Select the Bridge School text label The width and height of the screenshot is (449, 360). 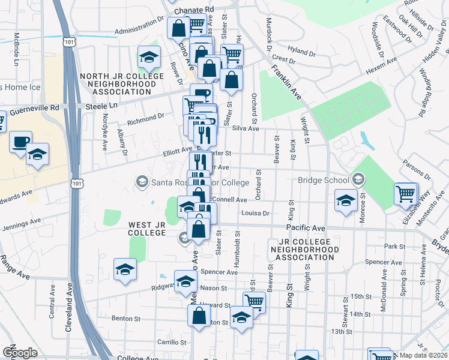323,180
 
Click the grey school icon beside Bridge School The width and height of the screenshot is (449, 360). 358,179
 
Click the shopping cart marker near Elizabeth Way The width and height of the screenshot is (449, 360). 406,194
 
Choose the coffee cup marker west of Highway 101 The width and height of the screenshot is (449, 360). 21,142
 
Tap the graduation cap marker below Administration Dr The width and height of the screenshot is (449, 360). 148,58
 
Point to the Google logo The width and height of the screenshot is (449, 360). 20,352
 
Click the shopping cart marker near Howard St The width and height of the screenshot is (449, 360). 255,301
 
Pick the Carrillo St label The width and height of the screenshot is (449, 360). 170,343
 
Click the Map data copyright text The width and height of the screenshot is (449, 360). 424,355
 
